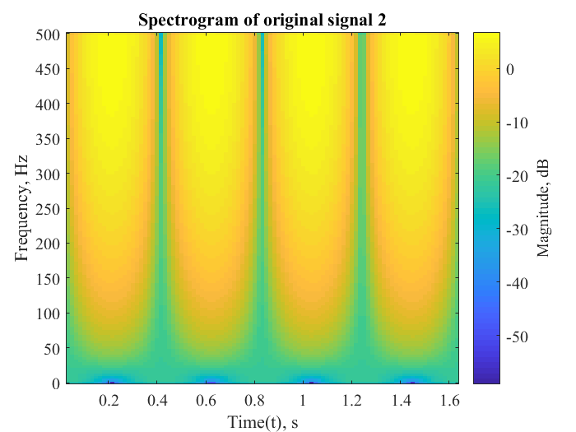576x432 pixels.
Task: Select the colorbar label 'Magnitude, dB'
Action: point(544,209)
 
